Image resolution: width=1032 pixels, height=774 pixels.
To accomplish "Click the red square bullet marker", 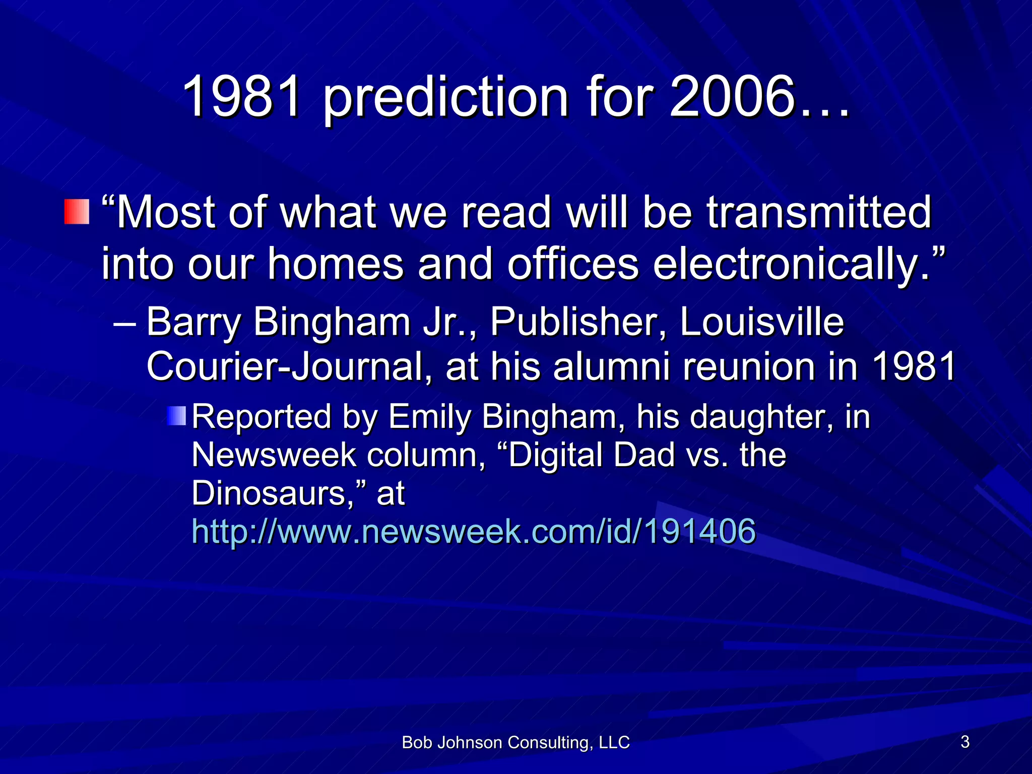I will [x=77, y=212].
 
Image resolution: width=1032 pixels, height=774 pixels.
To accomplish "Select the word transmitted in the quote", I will [x=818, y=213].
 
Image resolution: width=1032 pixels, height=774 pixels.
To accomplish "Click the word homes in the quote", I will [x=335, y=264].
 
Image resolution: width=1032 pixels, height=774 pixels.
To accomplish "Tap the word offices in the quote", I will [x=572, y=264].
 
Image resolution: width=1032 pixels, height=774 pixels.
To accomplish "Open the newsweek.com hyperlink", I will [x=474, y=531].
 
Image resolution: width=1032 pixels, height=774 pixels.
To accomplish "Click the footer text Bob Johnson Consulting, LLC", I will [x=515, y=742].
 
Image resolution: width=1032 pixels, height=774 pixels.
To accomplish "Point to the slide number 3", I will [x=965, y=742].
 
